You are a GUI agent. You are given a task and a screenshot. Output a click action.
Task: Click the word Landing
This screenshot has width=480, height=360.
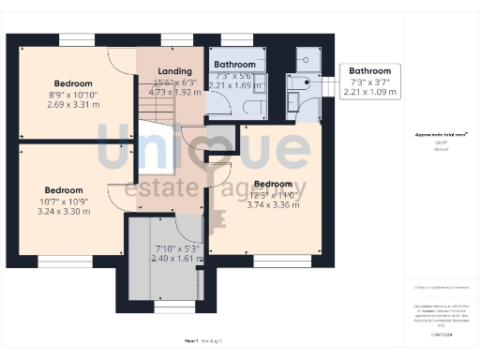point(175,71)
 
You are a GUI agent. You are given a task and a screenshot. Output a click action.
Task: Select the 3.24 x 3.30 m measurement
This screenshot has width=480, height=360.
point(65,212)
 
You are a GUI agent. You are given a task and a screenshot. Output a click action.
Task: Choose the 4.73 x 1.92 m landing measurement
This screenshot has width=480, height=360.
point(175,94)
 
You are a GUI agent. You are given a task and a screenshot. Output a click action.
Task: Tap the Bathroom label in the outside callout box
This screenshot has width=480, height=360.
point(369,70)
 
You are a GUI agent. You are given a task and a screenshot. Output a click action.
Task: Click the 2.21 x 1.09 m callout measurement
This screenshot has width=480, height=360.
point(369,93)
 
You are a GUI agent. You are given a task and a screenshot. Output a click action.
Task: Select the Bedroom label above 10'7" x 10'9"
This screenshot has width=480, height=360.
point(65,190)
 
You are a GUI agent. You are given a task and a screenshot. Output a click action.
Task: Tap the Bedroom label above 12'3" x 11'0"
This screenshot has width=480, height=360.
point(274,184)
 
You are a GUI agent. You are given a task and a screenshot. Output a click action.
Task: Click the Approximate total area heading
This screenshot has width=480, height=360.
point(441,135)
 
